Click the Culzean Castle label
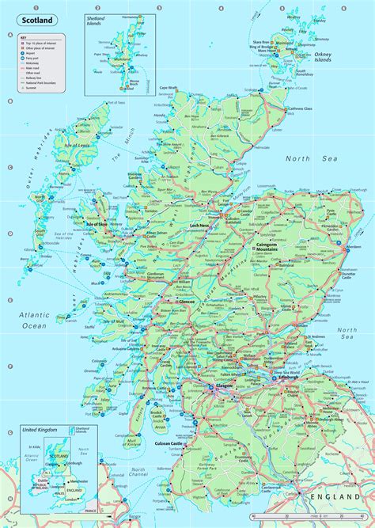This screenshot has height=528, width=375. (x=176, y=446)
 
